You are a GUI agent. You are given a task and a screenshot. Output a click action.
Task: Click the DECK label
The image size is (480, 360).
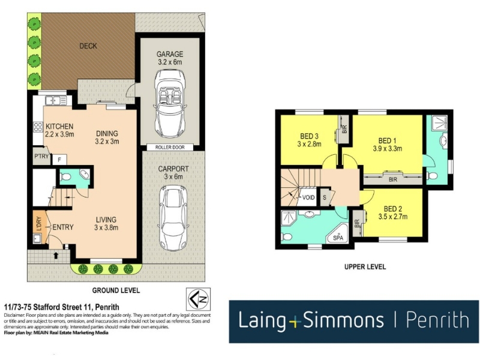pos(88,46)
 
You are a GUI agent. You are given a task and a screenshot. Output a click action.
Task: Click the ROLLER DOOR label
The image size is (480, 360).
pos(170,147)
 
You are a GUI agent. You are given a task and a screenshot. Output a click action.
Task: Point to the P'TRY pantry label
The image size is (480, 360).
pos(41,156)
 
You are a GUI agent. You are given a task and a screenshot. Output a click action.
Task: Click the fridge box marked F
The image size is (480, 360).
pos(59,160)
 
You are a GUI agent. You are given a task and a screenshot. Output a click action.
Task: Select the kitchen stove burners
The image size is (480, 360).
pos(38,127)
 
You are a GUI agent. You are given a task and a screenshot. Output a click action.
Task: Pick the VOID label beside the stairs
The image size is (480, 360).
pos(308,197)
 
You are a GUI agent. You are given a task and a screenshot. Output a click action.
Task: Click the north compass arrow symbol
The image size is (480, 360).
pos(198,299)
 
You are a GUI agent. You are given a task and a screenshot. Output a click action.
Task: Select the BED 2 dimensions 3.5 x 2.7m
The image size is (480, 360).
pos(393,217)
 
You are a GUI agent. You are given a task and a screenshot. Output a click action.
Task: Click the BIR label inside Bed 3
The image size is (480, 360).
pos(344,129)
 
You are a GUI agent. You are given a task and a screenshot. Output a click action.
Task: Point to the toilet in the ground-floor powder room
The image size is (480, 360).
pos(65,176)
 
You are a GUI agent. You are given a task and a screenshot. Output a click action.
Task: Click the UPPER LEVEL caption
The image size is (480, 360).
pos(365,267)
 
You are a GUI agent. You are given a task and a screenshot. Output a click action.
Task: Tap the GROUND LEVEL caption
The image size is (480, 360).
pos(116,290)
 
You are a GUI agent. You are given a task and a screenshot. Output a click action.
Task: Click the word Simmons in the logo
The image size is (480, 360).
pos(343,320)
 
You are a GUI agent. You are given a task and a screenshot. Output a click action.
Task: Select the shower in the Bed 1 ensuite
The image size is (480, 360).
pos(439,122)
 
